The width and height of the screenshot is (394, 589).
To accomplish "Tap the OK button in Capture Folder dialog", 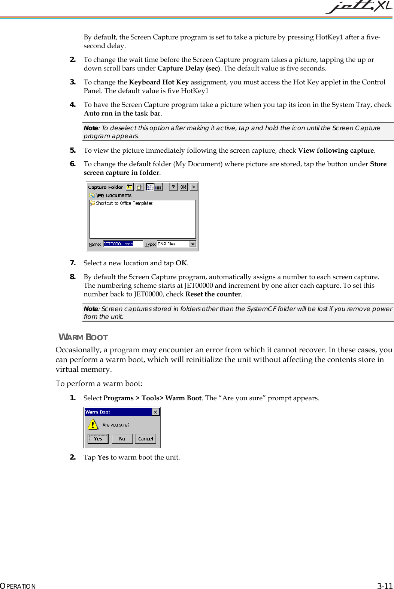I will [184, 187].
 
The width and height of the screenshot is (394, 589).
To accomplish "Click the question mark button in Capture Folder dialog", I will [173, 187].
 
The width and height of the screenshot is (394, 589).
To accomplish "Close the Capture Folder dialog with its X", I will [194, 187].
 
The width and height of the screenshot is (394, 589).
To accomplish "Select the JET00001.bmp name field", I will [122, 244].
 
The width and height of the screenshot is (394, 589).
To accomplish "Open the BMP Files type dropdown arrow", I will [193, 244].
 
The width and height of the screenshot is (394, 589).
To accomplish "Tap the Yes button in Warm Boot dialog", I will [98, 439].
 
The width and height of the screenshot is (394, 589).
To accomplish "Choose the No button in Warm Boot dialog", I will [122, 439].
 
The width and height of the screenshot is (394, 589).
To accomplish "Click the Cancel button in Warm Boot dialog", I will [145, 439].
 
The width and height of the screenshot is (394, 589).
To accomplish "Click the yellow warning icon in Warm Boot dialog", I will [93, 424].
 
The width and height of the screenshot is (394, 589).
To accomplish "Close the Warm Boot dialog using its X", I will [155, 412].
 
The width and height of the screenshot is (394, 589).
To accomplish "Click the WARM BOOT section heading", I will [84, 337].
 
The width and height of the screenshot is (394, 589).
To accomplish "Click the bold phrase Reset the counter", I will [213, 294].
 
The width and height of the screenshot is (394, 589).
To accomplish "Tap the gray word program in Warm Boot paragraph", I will [124, 350].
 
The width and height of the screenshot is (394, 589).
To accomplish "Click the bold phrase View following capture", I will [336, 150].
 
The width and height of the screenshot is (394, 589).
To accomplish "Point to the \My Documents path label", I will [114, 195].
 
